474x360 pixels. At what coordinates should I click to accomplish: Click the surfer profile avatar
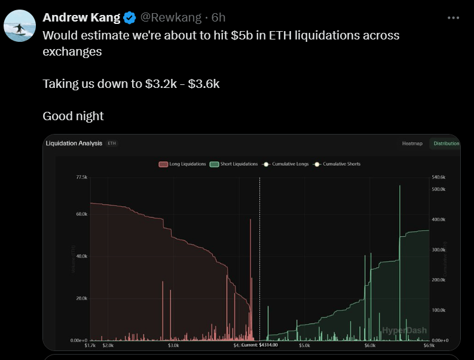click(20, 26)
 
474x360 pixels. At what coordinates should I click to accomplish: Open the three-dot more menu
click(454, 17)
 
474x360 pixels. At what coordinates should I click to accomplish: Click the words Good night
click(73, 115)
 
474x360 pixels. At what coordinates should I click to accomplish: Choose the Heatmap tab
click(412, 144)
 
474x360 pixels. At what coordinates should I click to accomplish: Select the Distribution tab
click(446, 144)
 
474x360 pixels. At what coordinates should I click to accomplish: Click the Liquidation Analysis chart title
click(74, 144)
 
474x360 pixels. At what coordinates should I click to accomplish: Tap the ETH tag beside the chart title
click(112, 144)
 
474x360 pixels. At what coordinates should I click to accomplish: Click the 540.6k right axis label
click(439, 178)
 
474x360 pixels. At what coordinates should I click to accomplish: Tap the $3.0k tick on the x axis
click(173, 345)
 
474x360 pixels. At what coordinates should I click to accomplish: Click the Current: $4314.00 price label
click(260, 345)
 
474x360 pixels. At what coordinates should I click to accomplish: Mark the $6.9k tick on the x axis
click(429, 345)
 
